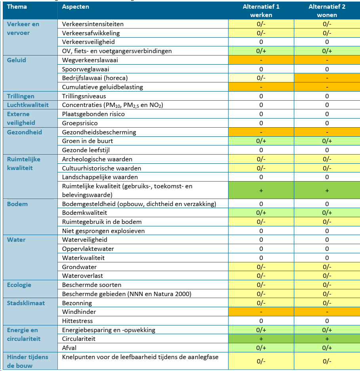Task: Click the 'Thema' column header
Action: pyautogui.click(x=17, y=7)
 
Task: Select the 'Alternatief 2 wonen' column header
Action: pyautogui.click(x=327, y=11)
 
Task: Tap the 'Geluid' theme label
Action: pyautogui.click(x=16, y=60)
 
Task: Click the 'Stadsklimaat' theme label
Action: pyautogui.click(x=26, y=303)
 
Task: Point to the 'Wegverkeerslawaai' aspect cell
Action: pyautogui.click(x=90, y=60)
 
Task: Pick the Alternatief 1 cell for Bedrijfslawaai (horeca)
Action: pyautogui.click(x=261, y=78)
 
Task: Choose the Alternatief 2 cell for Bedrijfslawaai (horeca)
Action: pyautogui.click(x=327, y=78)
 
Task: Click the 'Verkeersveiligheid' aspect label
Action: pyautogui.click(x=88, y=42)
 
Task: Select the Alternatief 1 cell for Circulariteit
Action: pyautogui.click(x=261, y=339)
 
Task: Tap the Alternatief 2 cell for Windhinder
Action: pyautogui.click(x=327, y=312)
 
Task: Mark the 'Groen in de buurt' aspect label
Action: pyautogui.click(x=88, y=141)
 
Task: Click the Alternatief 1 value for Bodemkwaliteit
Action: pyautogui.click(x=261, y=213)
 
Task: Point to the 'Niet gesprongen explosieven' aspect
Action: pyautogui.click(x=103, y=231)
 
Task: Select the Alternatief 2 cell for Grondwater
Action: pyautogui.click(x=327, y=267)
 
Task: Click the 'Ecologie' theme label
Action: pyautogui.click(x=19, y=285)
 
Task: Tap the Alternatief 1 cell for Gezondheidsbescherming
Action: pyautogui.click(x=261, y=132)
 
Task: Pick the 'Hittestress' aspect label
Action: pyautogui.click(x=77, y=321)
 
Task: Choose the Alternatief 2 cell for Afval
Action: pyautogui.click(x=327, y=348)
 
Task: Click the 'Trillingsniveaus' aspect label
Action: pyautogui.click(x=84, y=96)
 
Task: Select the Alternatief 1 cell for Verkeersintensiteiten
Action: pyautogui.click(x=261, y=24)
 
